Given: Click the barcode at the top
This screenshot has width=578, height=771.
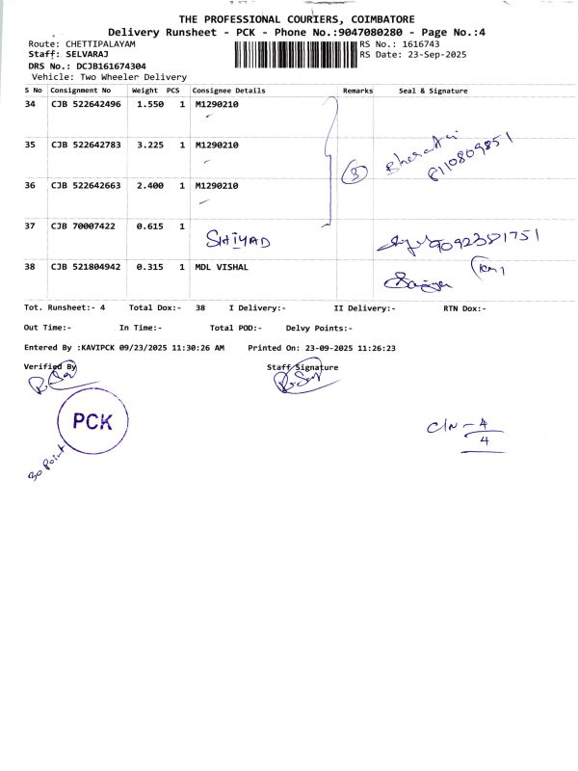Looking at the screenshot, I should [294, 50].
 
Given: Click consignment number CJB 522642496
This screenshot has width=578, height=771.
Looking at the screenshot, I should [86, 104].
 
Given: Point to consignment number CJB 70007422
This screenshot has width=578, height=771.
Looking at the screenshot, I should [83, 226].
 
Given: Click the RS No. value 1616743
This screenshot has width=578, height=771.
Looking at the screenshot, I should [420, 44].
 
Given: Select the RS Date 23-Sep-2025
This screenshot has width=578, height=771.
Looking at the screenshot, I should [438, 55].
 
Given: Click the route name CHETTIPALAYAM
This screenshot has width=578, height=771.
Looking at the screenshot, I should [100, 44].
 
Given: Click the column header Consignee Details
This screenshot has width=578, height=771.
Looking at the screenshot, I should [230, 91].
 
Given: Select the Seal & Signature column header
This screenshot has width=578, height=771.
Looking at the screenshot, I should [433, 91].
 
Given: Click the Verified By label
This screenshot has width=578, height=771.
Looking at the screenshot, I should [49, 367].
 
